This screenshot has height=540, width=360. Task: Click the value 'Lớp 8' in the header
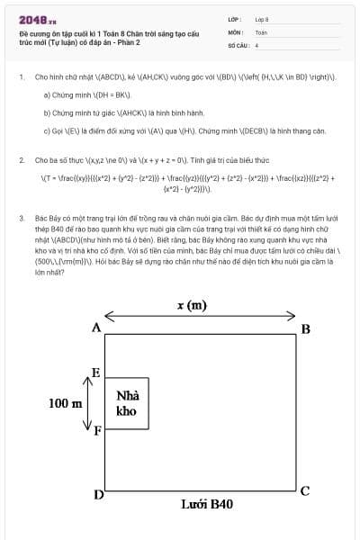pyautogui.click(x=262, y=19)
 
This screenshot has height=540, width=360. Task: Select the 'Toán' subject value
pyautogui.click(x=261, y=31)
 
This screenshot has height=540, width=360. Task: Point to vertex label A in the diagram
pyautogui.click(x=96, y=328)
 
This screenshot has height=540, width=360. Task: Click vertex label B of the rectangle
pyautogui.click(x=306, y=328)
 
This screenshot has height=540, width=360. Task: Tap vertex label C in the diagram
pyautogui.click(x=305, y=490)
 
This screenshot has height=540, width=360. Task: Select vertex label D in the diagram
pyautogui.click(x=98, y=494)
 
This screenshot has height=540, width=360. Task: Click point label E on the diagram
pyautogui.click(x=96, y=373)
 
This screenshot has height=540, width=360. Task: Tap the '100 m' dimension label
pyautogui.click(x=64, y=403)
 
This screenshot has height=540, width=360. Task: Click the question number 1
pyautogui.click(x=22, y=77)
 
